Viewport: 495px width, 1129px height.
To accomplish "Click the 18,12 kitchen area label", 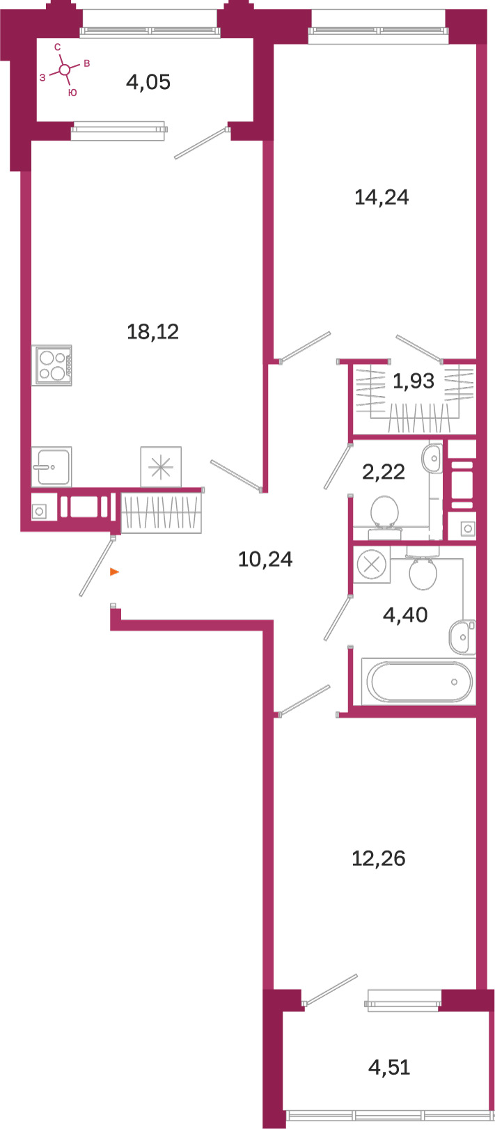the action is click(x=152, y=331).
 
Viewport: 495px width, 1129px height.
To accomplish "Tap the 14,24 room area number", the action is click(x=382, y=197).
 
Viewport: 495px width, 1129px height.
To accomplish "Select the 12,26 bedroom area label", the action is click(x=379, y=858).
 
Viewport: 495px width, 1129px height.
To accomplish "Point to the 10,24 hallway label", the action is click(x=265, y=559).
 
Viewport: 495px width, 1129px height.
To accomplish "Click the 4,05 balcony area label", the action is click(x=148, y=81).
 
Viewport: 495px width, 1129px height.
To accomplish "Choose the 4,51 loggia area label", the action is click(x=389, y=1067).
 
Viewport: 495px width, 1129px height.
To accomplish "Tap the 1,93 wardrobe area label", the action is click(x=414, y=381).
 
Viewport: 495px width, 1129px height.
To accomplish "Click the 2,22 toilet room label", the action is click(x=384, y=472).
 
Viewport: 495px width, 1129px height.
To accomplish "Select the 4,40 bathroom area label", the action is click(x=405, y=615).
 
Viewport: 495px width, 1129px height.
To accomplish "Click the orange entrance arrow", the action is click(x=114, y=571).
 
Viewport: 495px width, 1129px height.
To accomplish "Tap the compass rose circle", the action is click(x=65, y=70).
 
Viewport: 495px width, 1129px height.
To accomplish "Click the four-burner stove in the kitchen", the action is click(x=52, y=365).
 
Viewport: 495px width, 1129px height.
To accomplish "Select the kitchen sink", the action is click(x=52, y=467).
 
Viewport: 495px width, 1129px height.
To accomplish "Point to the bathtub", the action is click(x=419, y=681).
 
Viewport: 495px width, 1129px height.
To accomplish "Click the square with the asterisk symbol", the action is click(x=161, y=467).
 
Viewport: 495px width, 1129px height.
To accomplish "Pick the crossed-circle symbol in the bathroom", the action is click(x=372, y=564).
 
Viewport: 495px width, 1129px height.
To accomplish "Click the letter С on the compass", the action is click(x=58, y=47).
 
